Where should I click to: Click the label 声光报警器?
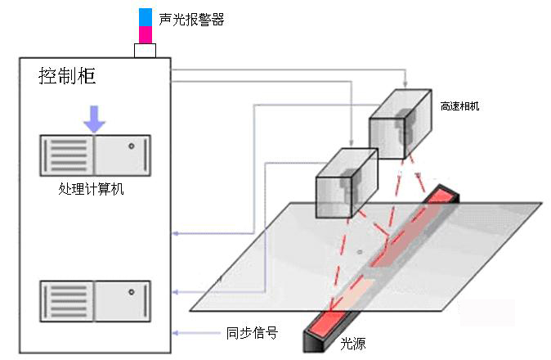coord(191,20)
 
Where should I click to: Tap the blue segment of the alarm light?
coord(146,16)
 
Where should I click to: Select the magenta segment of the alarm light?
coord(146,34)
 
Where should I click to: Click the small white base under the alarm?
coord(146,50)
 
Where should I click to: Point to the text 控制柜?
coord(67,76)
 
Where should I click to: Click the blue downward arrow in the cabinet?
coord(95,119)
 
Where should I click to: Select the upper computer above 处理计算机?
coord(95,155)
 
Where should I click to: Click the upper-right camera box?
coord(398,123)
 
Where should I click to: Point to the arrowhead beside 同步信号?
coord(176,333)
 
